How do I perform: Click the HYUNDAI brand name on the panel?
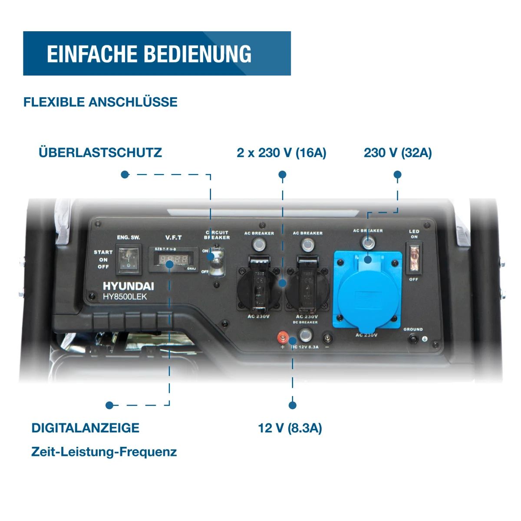coord(129,286)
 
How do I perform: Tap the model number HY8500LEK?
coord(125,297)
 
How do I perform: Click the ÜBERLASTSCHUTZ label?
coord(100,152)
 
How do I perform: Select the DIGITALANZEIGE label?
coord(86,428)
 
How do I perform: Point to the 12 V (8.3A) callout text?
coord(290,428)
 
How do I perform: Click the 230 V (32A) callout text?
coord(398,152)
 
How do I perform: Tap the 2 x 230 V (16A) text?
coord(281,152)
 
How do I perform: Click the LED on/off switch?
coord(414,259)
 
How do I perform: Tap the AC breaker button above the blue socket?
coord(368,243)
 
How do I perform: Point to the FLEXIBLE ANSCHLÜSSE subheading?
coord(100,102)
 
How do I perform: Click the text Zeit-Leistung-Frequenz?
coord(104,452)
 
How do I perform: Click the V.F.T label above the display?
coord(173,237)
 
